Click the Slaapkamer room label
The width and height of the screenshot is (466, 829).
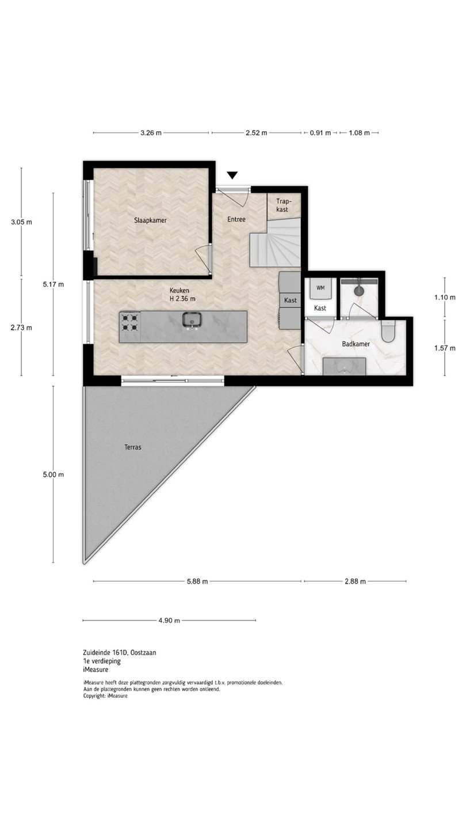[x=150, y=220]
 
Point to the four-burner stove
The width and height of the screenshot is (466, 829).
[x=130, y=322]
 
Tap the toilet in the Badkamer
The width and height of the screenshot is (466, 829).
[x=388, y=331]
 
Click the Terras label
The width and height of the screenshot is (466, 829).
[x=133, y=447]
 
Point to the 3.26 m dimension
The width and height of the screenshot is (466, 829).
[x=151, y=132]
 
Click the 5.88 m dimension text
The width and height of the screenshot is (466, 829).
[x=197, y=581]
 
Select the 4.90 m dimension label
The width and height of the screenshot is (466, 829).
[x=169, y=620]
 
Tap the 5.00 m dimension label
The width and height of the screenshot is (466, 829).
[x=54, y=474]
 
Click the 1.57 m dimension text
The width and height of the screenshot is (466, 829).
[x=445, y=348]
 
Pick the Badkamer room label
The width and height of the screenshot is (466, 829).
[x=356, y=344]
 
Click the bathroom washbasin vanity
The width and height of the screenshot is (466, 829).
[x=344, y=366]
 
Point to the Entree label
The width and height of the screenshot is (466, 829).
[x=236, y=219]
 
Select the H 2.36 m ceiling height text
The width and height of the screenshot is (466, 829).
[x=182, y=299]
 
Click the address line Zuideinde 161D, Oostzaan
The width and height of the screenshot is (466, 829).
[x=120, y=652]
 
